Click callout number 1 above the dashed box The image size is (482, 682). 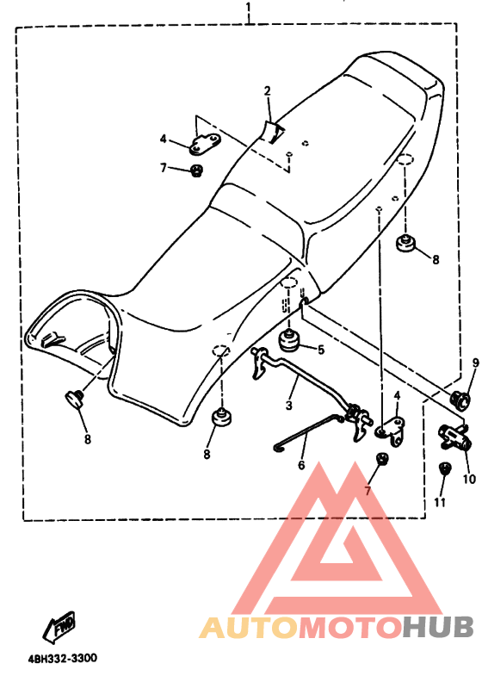tap(248, 7)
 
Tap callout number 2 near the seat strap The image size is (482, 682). tap(268, 91)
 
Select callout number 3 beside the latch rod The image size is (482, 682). tap(289, 406)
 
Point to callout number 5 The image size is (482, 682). tap(321, 350)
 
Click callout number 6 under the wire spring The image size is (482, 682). tap(301, 465)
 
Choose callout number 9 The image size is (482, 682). tap(475, 363)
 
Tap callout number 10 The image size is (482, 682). tap(469, 479)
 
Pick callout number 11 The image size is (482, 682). tap(440, 502)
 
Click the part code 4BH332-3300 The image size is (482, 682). tap(63, 658)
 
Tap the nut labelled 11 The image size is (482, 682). tap(445, 468)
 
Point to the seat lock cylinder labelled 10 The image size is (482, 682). tap(455, 437)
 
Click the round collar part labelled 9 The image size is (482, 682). tap(460, 399)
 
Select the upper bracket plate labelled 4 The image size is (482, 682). tap(205, 143)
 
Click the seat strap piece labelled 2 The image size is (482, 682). tap(273, 132)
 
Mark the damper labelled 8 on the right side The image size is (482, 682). tap(406, 242)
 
